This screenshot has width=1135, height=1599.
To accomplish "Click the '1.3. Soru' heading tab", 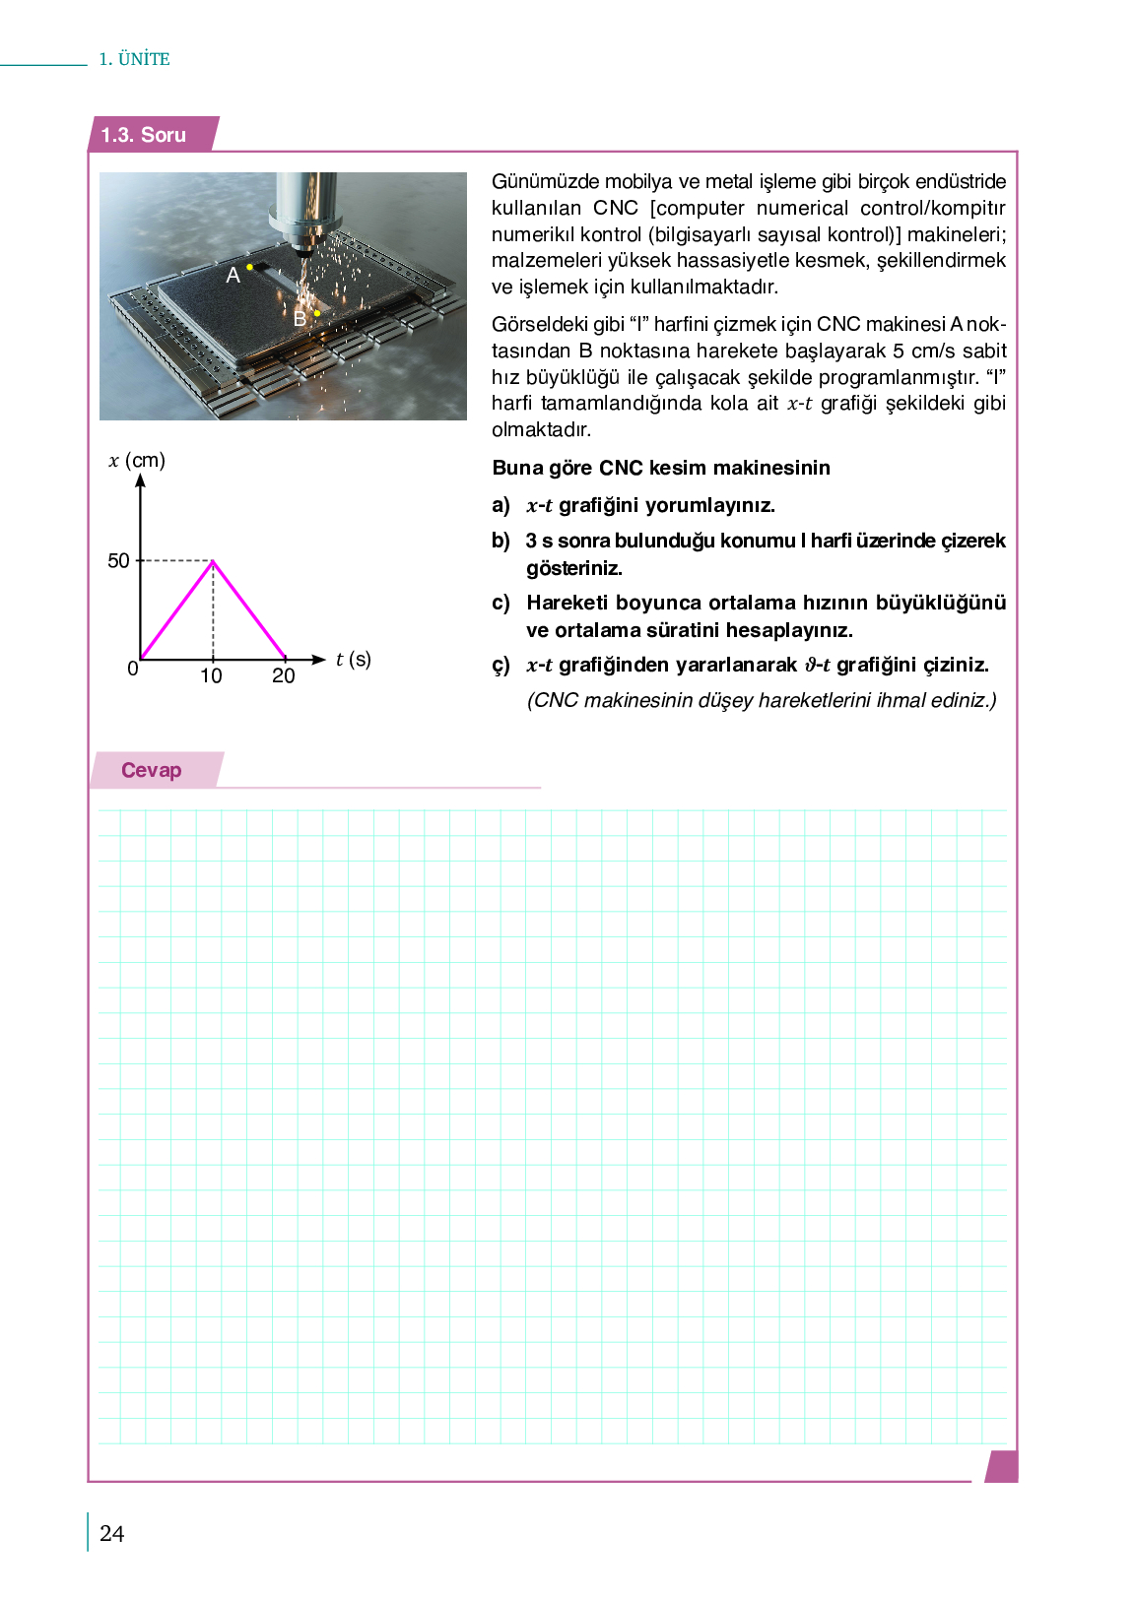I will pyautogui.click(x=144, y=135).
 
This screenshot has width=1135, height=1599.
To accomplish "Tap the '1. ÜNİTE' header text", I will pyautogui.click(x=134, y=59).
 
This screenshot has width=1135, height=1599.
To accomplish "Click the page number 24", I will pyautogui.click(x=112, y=1533).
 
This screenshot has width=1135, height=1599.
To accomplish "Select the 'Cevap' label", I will pyautogui.click(x=151, y=770).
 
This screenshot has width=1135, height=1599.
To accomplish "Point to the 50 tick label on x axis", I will pyautogui.click(x=118, y=561).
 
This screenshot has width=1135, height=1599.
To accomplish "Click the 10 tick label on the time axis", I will pyautogui.click(x=211, y=676).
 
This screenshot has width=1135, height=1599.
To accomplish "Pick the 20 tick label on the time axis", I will pyautogui.click(x=284, y=676).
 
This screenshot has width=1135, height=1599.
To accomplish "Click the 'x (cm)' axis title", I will pyautogui.click(x=137, y=461).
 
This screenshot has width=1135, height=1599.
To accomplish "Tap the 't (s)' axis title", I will pyautogui.click(x=353, y=660).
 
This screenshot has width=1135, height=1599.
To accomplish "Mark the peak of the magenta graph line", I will pyautogui.click(x=213, y=561).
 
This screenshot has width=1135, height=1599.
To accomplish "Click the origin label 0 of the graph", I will pyautogui.click(x=133, y=670).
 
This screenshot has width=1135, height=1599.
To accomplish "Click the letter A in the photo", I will pyautogui.click(x=233, y=276).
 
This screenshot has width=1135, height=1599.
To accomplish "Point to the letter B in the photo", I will pyautogui.click(x=300, y=319).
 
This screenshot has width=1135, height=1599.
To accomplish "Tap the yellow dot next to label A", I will pyautogui.click(x=250, y=267).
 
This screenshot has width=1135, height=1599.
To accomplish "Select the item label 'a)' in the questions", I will pyautogui.click(x=501, y=506).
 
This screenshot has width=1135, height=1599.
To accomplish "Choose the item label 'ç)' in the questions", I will pyautogui.click(x=501, y=666).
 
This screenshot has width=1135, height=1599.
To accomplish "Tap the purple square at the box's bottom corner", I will pyautogui.click(x=1001, y=1466).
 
